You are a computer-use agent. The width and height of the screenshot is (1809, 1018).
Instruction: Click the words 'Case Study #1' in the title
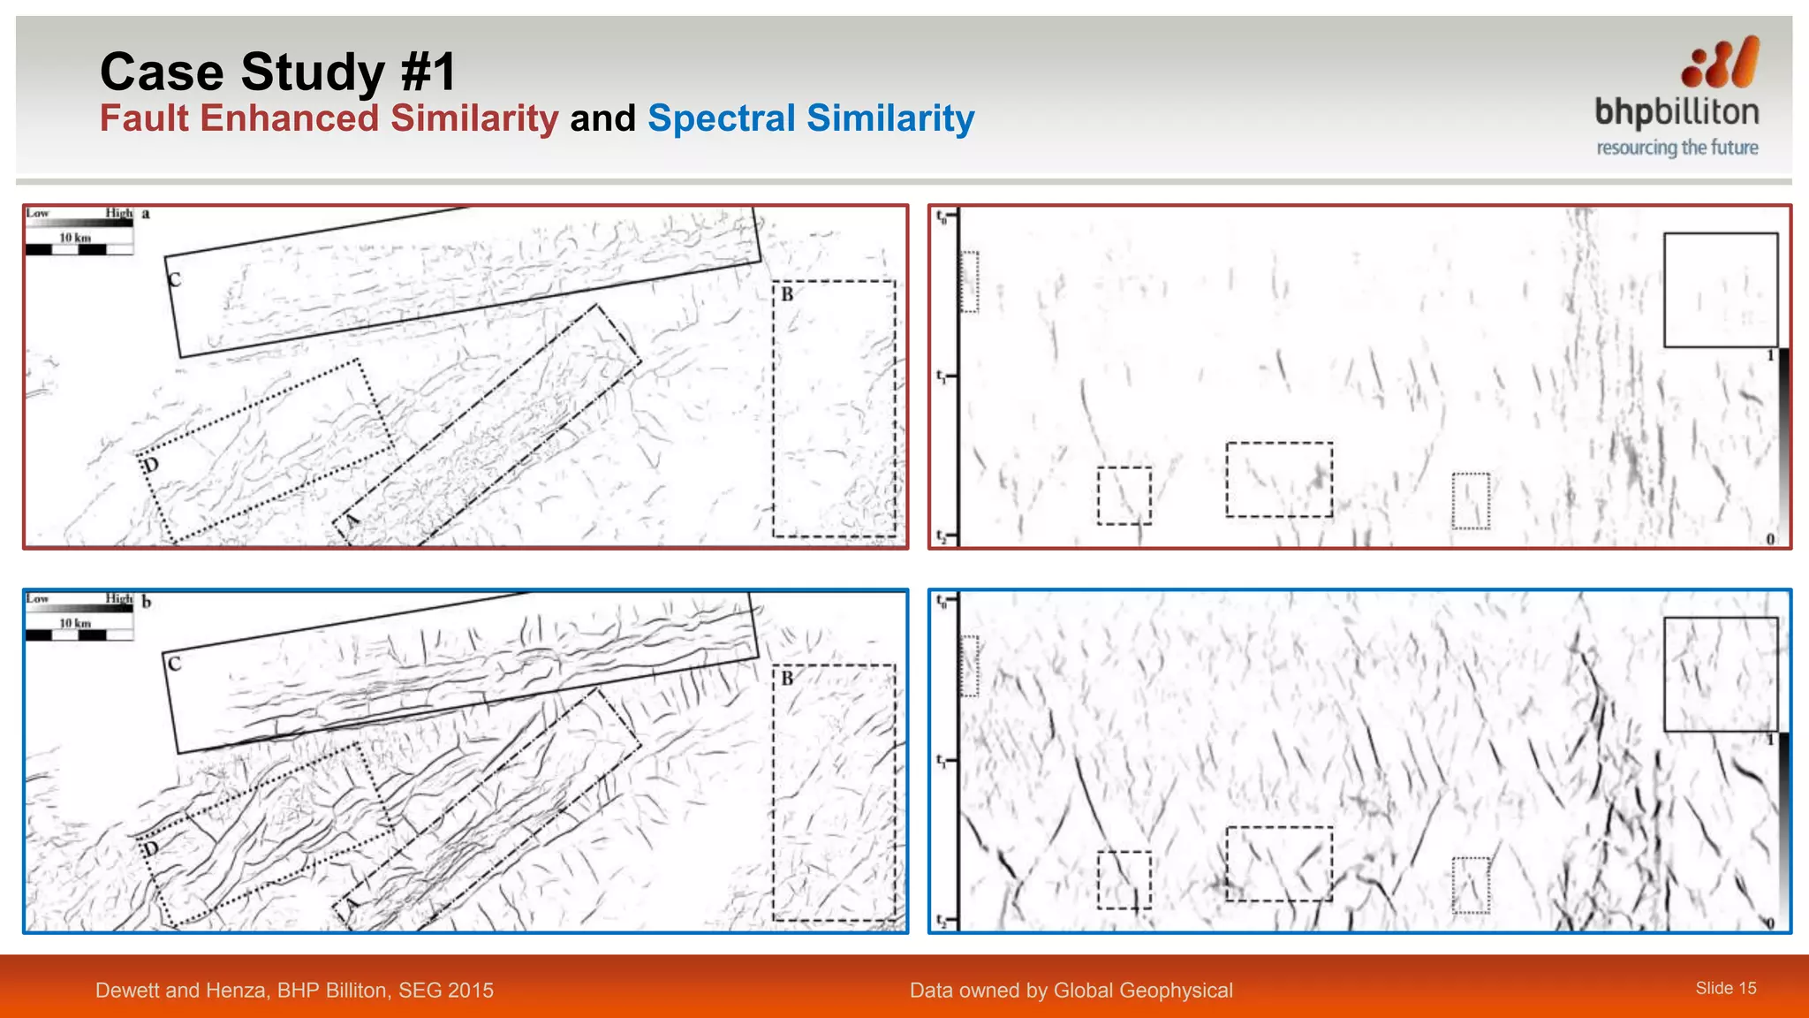[x=277, y=72]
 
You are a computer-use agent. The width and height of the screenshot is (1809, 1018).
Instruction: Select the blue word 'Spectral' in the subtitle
[x=722, y=118]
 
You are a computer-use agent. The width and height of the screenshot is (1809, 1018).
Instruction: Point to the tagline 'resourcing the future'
[x=1677, y=148]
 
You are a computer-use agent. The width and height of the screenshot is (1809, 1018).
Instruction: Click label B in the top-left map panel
[x=787, y=294]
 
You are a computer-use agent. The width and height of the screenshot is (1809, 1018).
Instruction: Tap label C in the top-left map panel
[x=175, y=280]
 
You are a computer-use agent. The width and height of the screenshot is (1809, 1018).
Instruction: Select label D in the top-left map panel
[x=151, y=465]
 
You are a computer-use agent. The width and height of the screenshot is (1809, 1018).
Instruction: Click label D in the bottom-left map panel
[x=151, y=849]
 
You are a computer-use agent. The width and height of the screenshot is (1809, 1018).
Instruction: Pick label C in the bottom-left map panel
[x=175, y=664]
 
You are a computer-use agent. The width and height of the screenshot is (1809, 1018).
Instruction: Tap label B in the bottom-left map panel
[x=787, y=679]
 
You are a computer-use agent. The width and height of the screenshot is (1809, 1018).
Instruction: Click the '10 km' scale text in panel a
[x=75, y=238]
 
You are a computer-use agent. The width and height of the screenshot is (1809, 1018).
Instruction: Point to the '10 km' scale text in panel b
[x=75, y=623]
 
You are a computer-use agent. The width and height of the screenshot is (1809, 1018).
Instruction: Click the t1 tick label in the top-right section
[x=942, y=376]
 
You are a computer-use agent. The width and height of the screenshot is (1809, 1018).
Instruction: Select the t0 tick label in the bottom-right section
[x=942, y=601]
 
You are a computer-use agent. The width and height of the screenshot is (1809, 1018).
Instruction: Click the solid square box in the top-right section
[x=1720, y=290]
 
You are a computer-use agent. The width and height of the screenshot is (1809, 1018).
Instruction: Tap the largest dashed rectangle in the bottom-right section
[x=1278, y=863]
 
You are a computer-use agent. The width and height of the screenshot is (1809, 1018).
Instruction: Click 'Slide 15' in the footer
[x=1725, y=988]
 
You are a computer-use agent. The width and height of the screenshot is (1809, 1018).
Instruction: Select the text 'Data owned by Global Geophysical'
[x=1071, y=990]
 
